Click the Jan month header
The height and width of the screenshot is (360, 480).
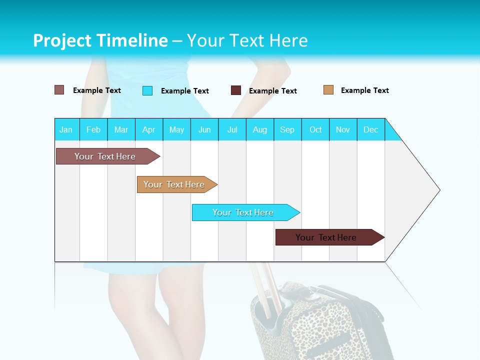point(66,129)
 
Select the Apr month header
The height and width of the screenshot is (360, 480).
point(149,129)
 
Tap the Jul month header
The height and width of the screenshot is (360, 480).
point(232,129)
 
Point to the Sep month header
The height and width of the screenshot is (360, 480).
point(287,129)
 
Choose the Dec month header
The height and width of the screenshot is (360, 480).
point(370,129)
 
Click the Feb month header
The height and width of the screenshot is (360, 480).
point(93,129)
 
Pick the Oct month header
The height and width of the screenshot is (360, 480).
point(315,129)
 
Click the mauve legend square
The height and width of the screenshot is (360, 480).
point(59,90)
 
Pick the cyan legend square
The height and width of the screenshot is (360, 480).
point(147,90)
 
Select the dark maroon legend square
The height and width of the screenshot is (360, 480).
point(236,90)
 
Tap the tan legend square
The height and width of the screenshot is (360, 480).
point(328,90)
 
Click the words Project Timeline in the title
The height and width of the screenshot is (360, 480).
point(100,40)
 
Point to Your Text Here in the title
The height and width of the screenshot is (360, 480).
point(247,40)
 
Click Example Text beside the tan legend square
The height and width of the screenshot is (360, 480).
point(364,90)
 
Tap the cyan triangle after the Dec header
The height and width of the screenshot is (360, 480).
point(391,133)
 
